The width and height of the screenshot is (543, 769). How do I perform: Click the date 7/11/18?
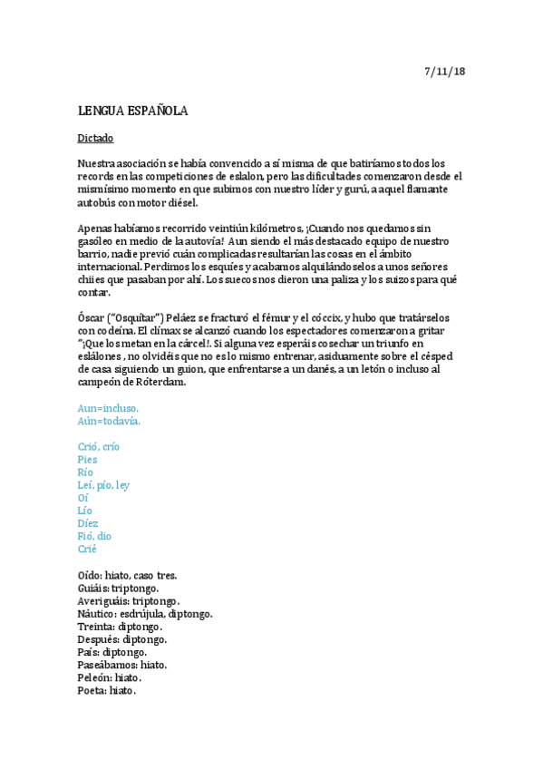[x=444, y=71]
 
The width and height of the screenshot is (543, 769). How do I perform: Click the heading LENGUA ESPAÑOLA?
[x=132, y=112]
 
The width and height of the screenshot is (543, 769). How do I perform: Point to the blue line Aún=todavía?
[x=110, y=421]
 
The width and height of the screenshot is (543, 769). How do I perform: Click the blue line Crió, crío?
[x=99, y=446]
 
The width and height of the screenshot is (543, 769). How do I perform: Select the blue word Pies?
[x=88, y=459]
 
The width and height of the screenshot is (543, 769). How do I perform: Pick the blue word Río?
[x=86, y=472]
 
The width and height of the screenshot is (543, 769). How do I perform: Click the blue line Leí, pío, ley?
[x=104, y=485]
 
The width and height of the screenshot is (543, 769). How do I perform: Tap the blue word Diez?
[x=88, y=523]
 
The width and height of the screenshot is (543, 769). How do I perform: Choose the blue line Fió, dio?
[x=95, y=536]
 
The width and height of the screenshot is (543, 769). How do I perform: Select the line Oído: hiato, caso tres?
[x=128, y=575]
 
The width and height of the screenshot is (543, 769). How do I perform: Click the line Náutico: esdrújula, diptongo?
[x=145, y=614]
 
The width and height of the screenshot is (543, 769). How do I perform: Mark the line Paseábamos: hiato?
[x=122, y=665]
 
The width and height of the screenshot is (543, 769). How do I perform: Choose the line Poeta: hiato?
[x=107, y=690]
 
